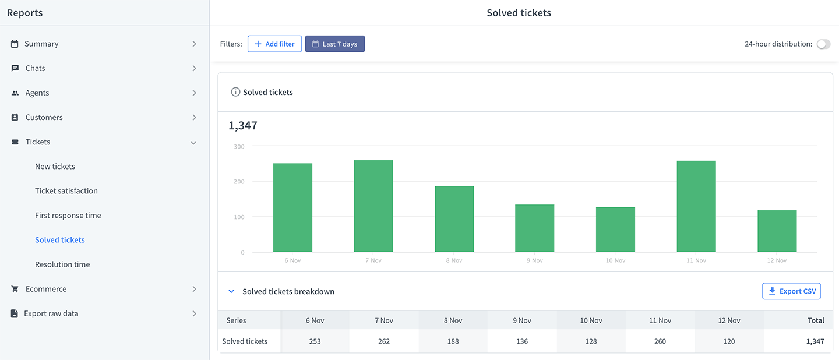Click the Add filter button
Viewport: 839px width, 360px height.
(x=274, y=44)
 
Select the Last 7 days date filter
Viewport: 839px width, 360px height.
(x=335, y=44)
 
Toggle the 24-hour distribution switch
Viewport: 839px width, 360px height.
(x=824, y=44)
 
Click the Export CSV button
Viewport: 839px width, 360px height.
(x=791, y=291)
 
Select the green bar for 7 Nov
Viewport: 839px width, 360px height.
(x=373, y=206)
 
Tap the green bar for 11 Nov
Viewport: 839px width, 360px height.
(x=696, y=206)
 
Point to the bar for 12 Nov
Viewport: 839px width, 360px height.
(x=777, y=231)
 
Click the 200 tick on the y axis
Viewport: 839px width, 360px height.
(x=239, y=182)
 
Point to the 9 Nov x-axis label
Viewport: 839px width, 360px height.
(x=534, y=260)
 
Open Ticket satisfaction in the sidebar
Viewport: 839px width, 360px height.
(x=66, y=190)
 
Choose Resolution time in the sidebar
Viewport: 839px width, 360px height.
(x=62, y=264)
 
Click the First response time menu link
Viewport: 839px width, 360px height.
(x=68, y=216)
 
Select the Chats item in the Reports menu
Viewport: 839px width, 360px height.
(x=35, y=68)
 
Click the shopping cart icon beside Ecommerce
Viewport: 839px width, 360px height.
(x=15, y=289)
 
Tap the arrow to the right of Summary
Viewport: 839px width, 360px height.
(x=194, y=44)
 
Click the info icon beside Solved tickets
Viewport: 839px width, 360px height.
(x=235, y=92)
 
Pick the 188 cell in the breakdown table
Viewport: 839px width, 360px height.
(x=453, y=341)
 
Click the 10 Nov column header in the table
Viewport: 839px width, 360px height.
(x=591, y=320)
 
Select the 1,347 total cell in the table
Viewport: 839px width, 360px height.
(x=815, y=341)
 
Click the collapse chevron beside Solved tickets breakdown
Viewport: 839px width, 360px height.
(x=231, y=291)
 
